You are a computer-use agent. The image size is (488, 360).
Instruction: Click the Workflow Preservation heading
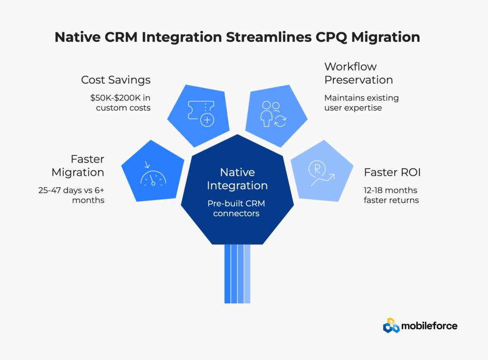coord(358,73)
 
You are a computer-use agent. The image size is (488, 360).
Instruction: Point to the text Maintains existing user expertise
coord(361,103)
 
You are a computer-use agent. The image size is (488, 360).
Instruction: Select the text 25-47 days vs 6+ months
coord(71,195)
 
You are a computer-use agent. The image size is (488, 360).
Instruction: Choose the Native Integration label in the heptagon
coord(237,178)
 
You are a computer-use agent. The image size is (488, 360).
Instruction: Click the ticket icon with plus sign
coord(200,113)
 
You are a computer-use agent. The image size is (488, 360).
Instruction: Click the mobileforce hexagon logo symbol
coord(391,325)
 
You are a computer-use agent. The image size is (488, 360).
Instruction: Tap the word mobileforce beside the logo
coord(429,326)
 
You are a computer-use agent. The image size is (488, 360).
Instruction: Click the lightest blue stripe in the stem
coord(247,274)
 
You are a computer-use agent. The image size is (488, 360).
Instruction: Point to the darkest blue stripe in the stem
coord(227,274)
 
